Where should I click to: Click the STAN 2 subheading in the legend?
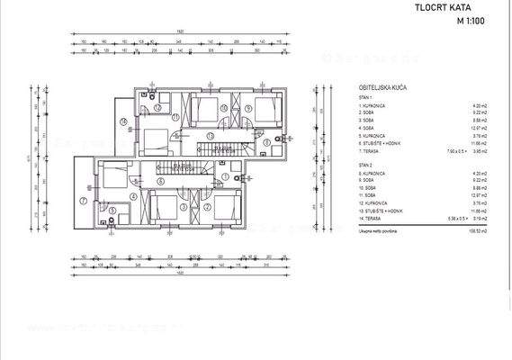(x=364, y=166)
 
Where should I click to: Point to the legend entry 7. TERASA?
(x=372, y=153)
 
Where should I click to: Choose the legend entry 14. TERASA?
(x=373, y=218)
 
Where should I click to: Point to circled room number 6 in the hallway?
(x=159, y=180)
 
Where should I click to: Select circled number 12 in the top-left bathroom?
(x=157, y=106)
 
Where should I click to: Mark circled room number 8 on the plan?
(x=266, y=143)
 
